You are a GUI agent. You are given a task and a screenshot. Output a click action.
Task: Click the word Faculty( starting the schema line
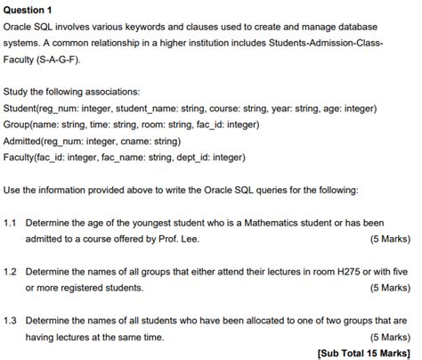pos(24,158)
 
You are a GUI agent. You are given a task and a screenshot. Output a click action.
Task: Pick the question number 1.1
pos(11,223)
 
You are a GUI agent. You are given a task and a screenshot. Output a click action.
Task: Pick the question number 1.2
pos(11,271)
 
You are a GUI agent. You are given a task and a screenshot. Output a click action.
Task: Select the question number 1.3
pos(11,319)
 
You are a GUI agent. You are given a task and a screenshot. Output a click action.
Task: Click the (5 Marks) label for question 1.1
pos(387,240)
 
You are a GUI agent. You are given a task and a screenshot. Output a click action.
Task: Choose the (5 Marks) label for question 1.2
pos(387,288)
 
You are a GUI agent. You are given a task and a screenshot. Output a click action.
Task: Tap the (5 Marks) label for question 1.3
pos(387,336)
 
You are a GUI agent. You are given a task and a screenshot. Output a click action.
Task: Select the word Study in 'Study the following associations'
pos(16,91)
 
